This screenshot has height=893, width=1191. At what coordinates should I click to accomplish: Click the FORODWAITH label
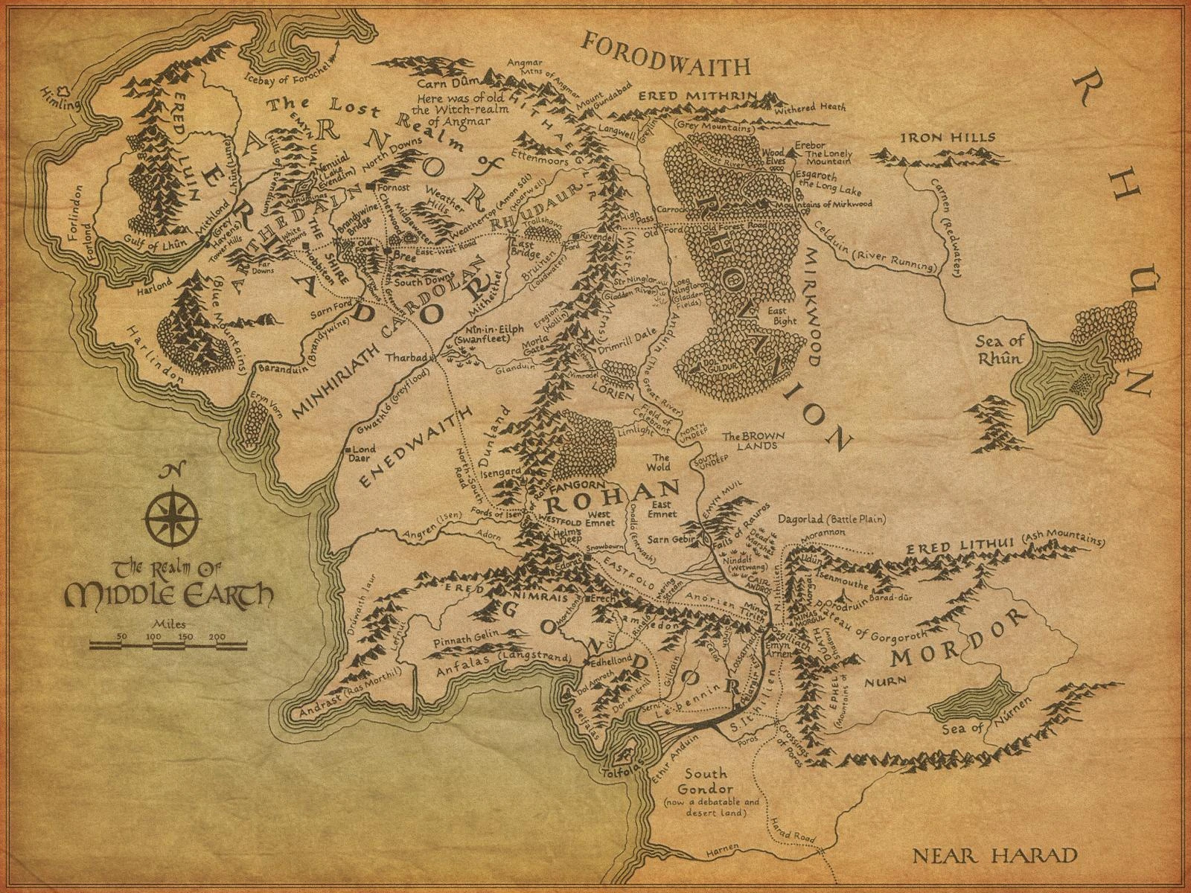tap(666, 65)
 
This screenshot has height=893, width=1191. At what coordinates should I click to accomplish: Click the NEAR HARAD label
tap(994, 854)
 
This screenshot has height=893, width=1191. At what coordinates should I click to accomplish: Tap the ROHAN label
tap(639, 491)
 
